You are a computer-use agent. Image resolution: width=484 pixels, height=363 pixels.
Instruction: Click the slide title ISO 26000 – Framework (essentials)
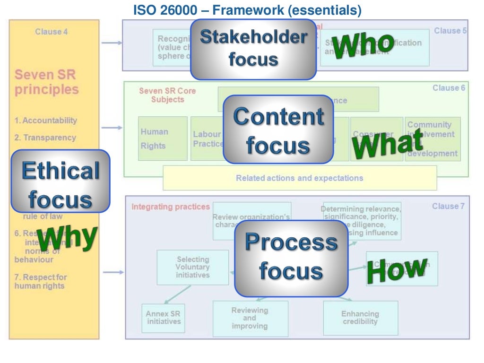coord(247,9)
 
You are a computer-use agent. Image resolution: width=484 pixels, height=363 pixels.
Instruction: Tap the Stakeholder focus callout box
coord(253,49)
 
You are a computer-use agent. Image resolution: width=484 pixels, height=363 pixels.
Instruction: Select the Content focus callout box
coord(278,130)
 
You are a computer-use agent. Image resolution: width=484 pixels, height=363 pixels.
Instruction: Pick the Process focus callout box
coord(291,258)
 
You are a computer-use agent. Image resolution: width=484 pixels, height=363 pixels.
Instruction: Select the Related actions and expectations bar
coord(299,178)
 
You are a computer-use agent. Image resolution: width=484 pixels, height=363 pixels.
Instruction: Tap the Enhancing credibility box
coord(360,318)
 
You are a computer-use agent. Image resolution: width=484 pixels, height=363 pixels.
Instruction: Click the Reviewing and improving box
coord(250,318)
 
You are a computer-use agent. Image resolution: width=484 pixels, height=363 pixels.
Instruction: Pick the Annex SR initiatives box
coord(163,318)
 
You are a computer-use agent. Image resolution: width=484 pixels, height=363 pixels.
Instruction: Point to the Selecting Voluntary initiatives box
coord(192,267)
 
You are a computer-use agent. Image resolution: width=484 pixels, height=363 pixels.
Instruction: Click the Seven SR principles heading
coord(46,82)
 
